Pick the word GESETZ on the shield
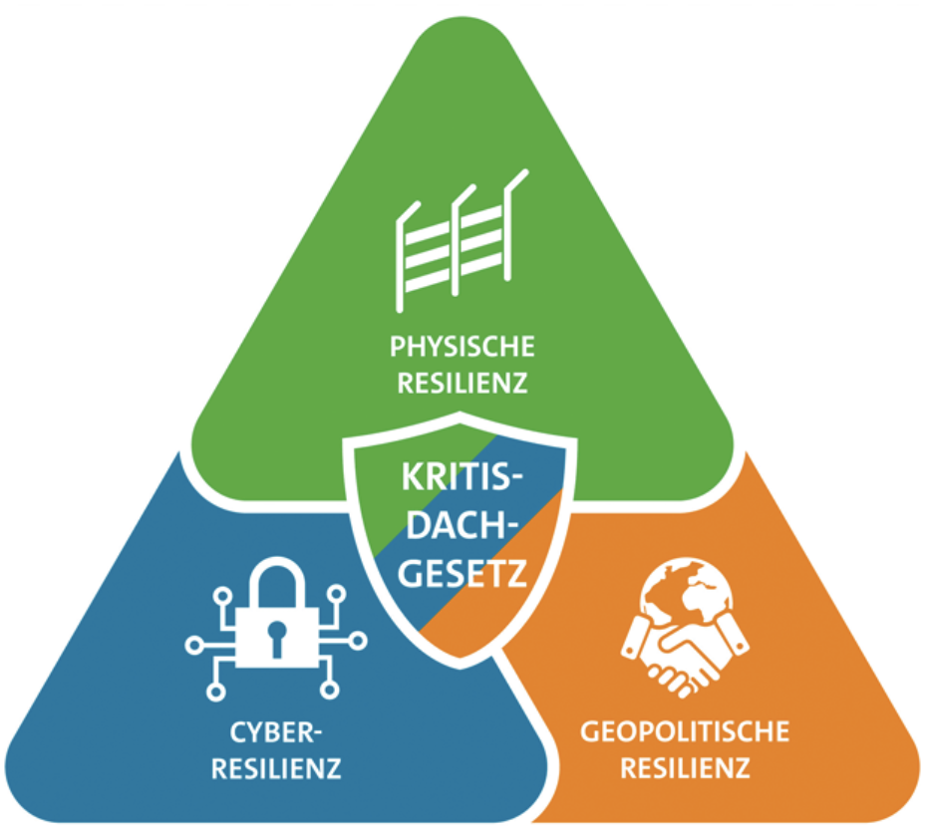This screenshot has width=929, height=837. (460, 570)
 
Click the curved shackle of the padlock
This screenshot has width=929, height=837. (276, 583)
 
